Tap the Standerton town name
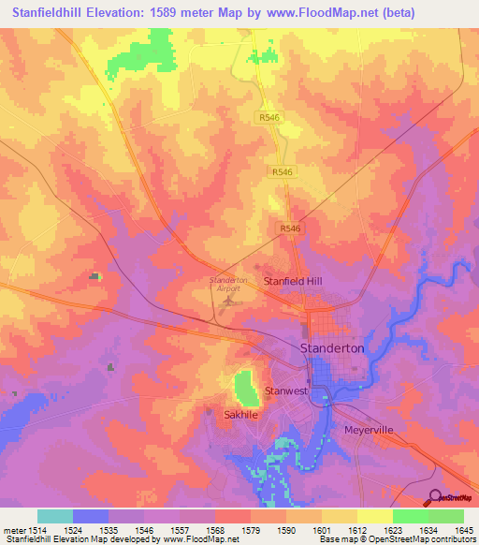pyautogui.click(x=331, y=347)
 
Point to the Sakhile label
pyautogui.click(x=240, y=413)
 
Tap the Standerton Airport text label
pyautogui.click(x=224, y=285)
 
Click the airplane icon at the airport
pyautogui.click(x=225, y=301)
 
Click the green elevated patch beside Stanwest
pyautogui.click(x=245, y=386)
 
